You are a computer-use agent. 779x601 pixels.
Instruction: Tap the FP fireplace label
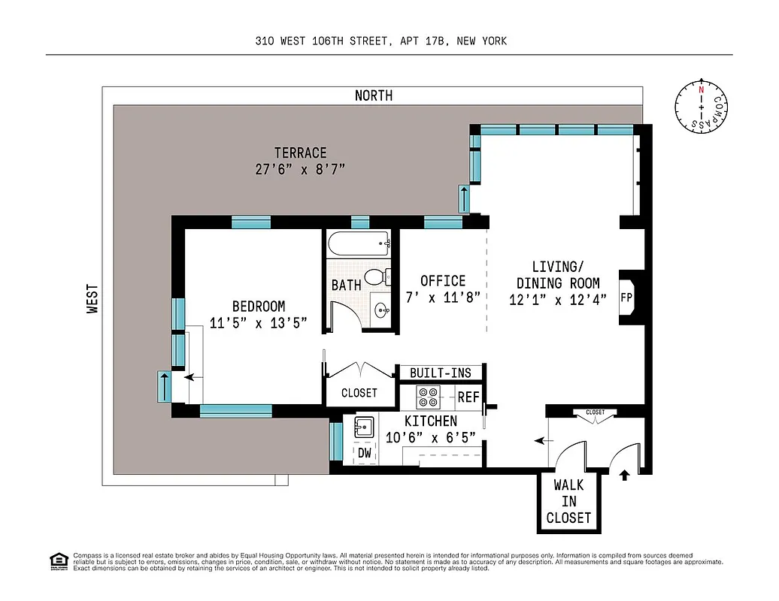point(626,297)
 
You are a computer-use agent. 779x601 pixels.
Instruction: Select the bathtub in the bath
point(359,243)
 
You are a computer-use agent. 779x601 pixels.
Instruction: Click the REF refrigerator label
point(468,397)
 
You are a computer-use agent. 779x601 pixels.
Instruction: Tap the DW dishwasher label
point(365,452)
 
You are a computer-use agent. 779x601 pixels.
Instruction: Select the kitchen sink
point(364,427)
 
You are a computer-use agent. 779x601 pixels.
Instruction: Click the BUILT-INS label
point(441,373)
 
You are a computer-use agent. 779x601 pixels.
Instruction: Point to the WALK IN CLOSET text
point(568,501)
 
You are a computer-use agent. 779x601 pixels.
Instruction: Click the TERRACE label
point(300,153)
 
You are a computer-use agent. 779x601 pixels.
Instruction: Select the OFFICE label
point(443,281)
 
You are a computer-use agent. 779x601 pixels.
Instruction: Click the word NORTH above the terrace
point(374,95)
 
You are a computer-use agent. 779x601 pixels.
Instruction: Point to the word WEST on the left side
point(92,297)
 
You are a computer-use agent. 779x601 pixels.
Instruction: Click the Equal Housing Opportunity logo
point(58,560)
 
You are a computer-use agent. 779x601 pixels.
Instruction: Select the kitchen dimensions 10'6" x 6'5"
point(431,438)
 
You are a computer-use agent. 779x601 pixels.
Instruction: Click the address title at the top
point(380,41)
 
